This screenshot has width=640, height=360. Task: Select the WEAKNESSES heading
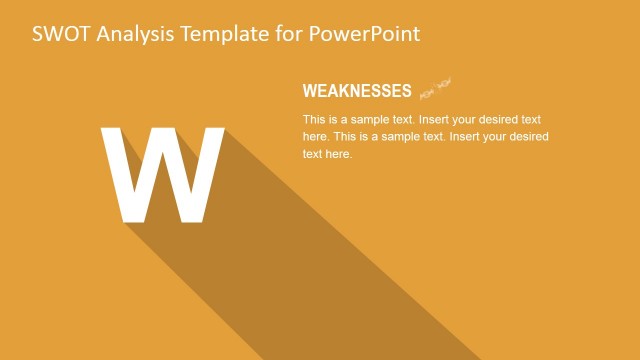pyautogui.click(x=357, y=92)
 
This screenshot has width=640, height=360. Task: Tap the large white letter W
pyautogui.click(x=163, y=176)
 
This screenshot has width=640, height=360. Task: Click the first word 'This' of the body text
pyautogui.click(x=315, y=119)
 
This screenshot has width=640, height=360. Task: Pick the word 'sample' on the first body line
pyautogui.click(x=381, y=119)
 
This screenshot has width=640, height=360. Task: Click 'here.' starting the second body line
pyautogui.click(x=316, y=136)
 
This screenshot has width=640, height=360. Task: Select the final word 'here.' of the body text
pyautogui.click(x=339, y=154)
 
